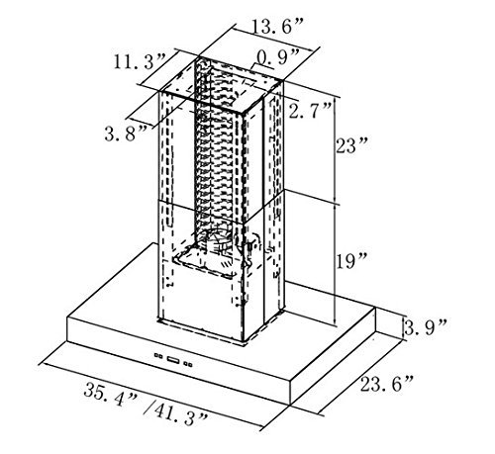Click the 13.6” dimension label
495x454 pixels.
[276, 27]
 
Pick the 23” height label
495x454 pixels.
[351, 145]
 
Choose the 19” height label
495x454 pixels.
[351, 261]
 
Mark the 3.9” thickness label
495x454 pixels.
[426, 326]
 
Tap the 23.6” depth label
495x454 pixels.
[386, 384]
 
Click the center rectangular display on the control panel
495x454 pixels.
[173, 360]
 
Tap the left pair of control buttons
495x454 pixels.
[158, 356]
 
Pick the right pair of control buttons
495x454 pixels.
[188, 364]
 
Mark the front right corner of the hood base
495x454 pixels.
[290, 405]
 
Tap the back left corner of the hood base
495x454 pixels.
[153, 243]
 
